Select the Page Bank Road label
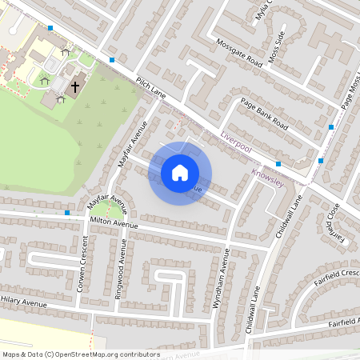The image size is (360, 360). pos(264,114)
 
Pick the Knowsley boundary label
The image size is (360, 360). pos(267,178)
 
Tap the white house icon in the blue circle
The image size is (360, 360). pos(180,173)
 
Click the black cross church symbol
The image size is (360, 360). pos(75,86)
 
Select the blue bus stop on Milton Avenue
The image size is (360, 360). pos(67,214)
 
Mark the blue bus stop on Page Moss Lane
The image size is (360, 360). pos(331,127)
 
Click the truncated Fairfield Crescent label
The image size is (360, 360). pos(335,274)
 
